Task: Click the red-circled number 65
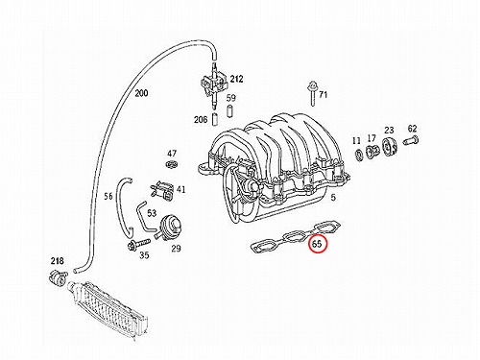point(318,244)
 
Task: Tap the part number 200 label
point(141,93)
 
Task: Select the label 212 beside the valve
point(236,79)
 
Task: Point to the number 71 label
point(324,95)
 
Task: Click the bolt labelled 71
point(311,93)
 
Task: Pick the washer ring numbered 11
point(359,156)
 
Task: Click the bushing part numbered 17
point(372,151)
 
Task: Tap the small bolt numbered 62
point(411,140)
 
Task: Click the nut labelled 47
point(172,165)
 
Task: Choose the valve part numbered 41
point(161,189)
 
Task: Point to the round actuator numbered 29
point(169,227)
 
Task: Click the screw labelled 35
point(138,245)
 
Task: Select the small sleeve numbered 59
point(229,111)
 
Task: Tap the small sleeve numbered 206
point(215,119)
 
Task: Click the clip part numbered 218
point(59,277)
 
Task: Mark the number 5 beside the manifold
point(333,198)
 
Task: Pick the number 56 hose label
point(108,196)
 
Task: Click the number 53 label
point(152,212)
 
